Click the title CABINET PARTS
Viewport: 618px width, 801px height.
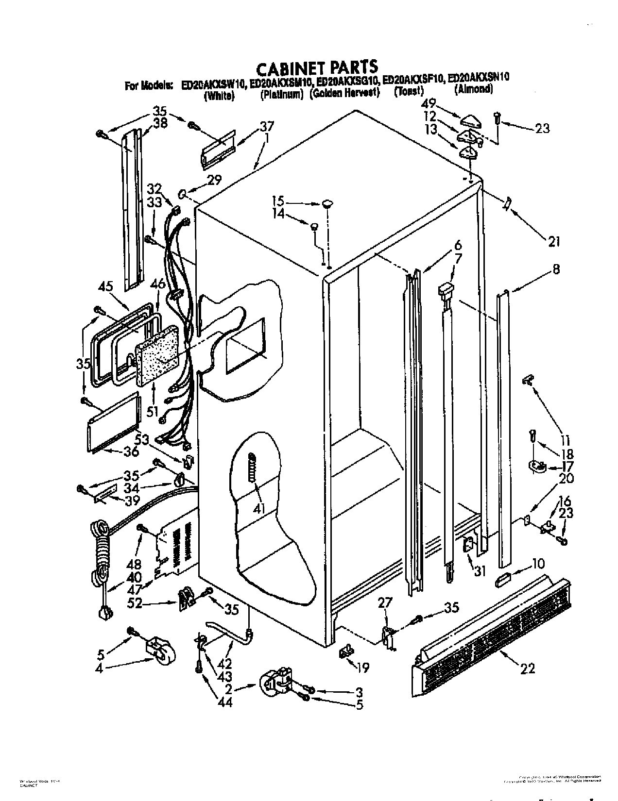(x=316, y=67)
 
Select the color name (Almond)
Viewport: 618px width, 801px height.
(x=474, y=89)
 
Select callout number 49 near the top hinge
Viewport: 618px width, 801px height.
(x=429, y=103)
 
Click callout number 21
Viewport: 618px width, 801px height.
(x=554, y=241)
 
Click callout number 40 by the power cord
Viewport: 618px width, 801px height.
(x=135, y=578)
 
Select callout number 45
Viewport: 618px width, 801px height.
(x=105, y=287)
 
